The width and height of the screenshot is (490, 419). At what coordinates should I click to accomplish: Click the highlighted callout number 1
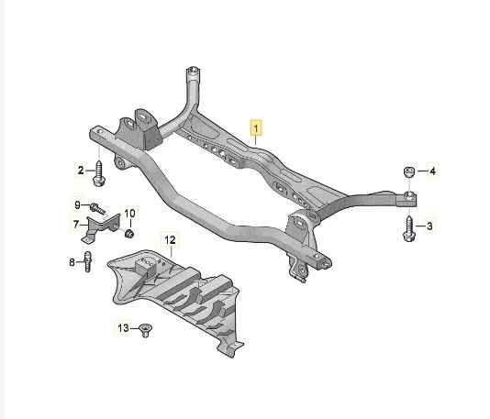pyautogui.click(x=256, y=128)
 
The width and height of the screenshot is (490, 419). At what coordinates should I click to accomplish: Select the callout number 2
pyautogui.click(x=81, y=171)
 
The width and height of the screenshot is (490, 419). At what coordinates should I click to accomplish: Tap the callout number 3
pyautogui.click(x=429, y=226)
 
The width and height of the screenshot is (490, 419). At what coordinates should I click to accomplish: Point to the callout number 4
pyautogui.click(x=432, y=171)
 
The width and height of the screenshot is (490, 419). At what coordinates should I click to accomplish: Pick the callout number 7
pyautogui.click(x=76, y=225)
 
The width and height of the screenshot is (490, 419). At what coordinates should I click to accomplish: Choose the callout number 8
pyautogui.click(x=72, y=262)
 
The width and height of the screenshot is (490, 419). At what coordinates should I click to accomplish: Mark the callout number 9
pyautogui.click(x=77, y=205)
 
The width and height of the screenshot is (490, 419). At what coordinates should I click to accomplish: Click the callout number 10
pyautogui.click(x=129, y=214)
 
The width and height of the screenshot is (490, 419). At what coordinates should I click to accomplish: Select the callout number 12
pyautogui.click(x=170, y=240)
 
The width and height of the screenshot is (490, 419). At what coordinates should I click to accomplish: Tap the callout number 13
pyautogui.click(x=124, y=328)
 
